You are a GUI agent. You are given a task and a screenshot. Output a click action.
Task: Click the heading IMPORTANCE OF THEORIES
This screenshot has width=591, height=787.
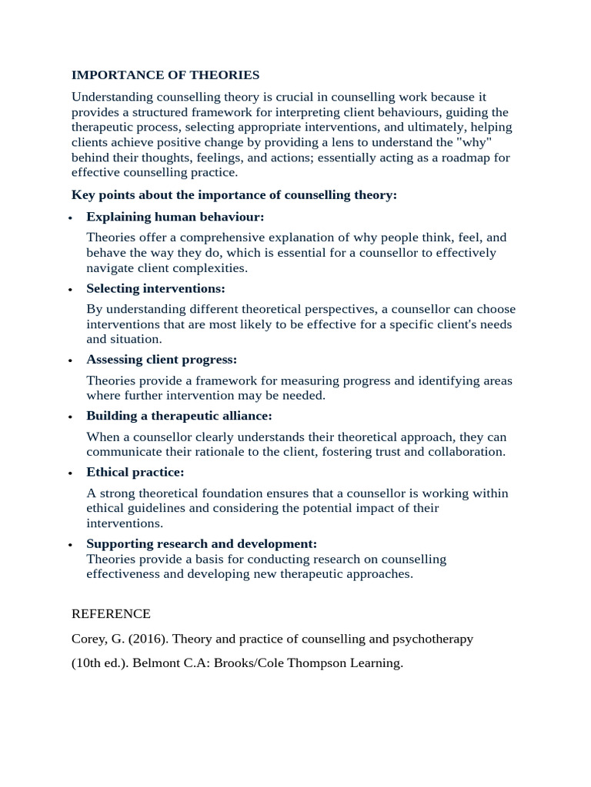click(x=165, y=75)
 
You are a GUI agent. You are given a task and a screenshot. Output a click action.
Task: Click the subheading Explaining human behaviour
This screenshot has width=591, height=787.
click(x=175, y=218)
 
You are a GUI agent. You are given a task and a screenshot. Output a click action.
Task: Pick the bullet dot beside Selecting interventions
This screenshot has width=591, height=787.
click(x=70, y=290)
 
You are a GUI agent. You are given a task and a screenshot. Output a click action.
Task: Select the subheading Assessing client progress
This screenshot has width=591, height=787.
click(x=162, y=360)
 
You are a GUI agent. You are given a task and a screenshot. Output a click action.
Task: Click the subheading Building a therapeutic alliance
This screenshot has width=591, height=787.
click(x=179, y=416)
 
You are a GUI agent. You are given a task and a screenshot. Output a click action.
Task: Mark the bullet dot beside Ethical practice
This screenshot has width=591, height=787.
click(x=70, y=473)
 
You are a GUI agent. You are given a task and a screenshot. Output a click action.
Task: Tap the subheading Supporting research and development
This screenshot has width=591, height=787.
click(x=202, y=543)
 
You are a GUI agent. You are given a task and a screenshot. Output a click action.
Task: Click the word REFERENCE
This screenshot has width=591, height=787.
click(x=111, y=614)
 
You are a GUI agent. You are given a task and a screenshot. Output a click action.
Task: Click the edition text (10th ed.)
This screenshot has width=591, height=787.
click(x=98, y=663)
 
